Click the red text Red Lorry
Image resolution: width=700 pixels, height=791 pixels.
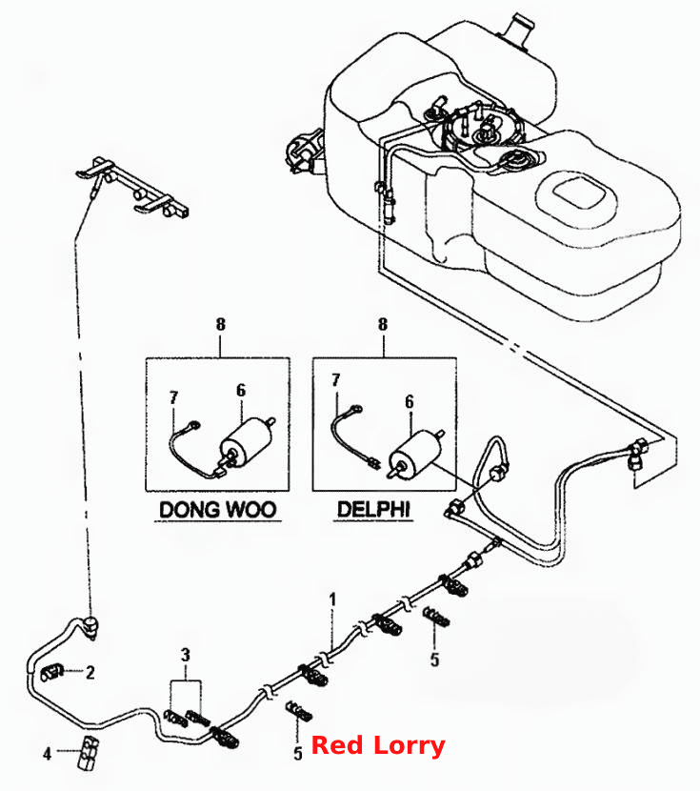pyautogui.click(x=378, y=745)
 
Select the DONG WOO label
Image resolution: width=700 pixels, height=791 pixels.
pyautogui.click(x=218, y=510)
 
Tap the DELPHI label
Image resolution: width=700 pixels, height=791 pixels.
pyautogui.click(x=373, y=509)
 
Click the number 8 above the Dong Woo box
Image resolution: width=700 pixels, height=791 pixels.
pyautogui.click(x=220, y=324)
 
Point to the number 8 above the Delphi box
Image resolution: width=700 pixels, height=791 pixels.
pyautogui.click(x=383, y=324)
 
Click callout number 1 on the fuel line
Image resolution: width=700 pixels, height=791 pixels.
pyautogui.click(x=332, y=599)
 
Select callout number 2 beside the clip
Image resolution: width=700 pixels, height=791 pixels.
pyautogui.click(x=90, y=673)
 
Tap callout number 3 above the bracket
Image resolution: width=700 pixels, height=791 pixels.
pyautogui.click(x=186, y=656)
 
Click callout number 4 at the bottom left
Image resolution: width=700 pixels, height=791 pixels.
pyautogui.click(x=47, y=754)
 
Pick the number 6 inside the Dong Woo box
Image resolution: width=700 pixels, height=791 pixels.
pyautogui.click(x=241, y=390)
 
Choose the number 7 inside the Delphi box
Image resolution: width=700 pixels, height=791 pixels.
pyautogui.click(x=335, y=380)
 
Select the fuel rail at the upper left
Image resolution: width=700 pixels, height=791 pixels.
pyautogui.click(x=132, y=187)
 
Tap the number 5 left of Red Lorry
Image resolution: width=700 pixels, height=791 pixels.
pyautogui.click(x=298, y=754)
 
